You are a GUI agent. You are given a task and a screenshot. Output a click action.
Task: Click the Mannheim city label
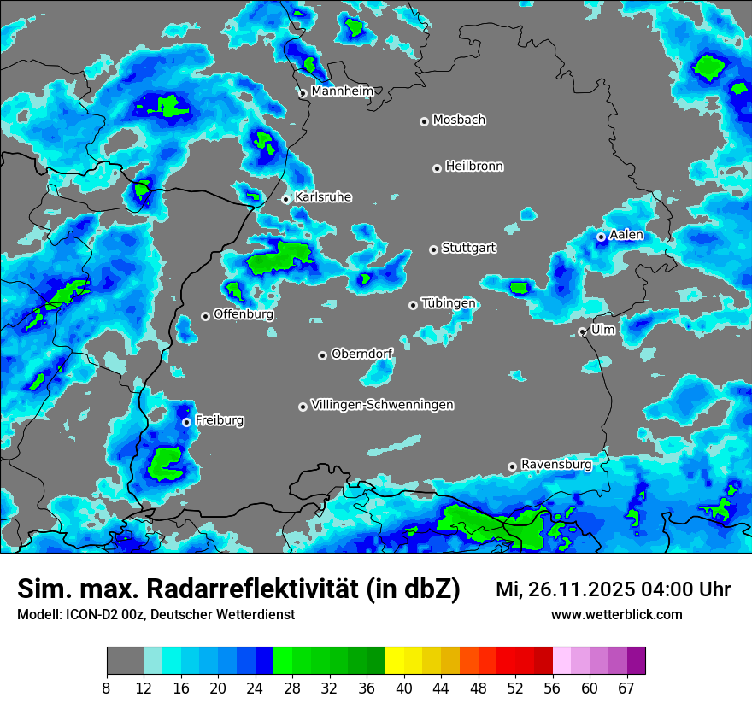(343, 91)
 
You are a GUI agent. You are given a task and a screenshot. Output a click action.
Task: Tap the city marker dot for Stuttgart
(433, 249)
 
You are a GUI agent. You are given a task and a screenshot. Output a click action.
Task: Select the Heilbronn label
(474, 167)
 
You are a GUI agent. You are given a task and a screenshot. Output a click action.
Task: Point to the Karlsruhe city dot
(286, 200)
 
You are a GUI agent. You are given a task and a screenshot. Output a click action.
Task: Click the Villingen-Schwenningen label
(382, 405)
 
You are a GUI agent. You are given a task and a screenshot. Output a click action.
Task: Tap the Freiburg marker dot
(186, 422)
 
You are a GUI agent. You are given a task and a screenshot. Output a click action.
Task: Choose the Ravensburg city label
(556, 465)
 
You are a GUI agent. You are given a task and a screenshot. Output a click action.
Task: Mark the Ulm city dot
(582, 331)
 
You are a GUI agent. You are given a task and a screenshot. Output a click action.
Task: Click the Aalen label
(626, 235)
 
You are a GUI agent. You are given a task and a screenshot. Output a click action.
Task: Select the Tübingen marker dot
(413, 305)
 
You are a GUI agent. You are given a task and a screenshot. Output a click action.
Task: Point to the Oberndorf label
(362, 354)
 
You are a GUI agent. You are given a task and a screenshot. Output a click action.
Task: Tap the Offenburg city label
(244, 314)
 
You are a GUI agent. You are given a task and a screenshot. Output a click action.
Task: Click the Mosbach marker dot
(424, 121)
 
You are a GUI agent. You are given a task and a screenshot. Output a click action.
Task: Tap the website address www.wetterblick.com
(616, 614)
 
